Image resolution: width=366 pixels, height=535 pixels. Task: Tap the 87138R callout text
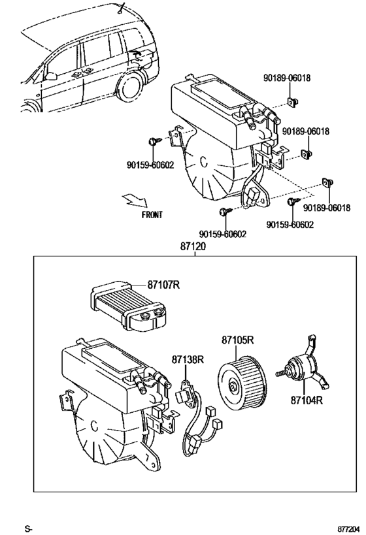188,359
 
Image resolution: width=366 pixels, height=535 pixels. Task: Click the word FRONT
152,214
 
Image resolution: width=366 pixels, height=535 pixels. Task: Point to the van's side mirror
50,76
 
